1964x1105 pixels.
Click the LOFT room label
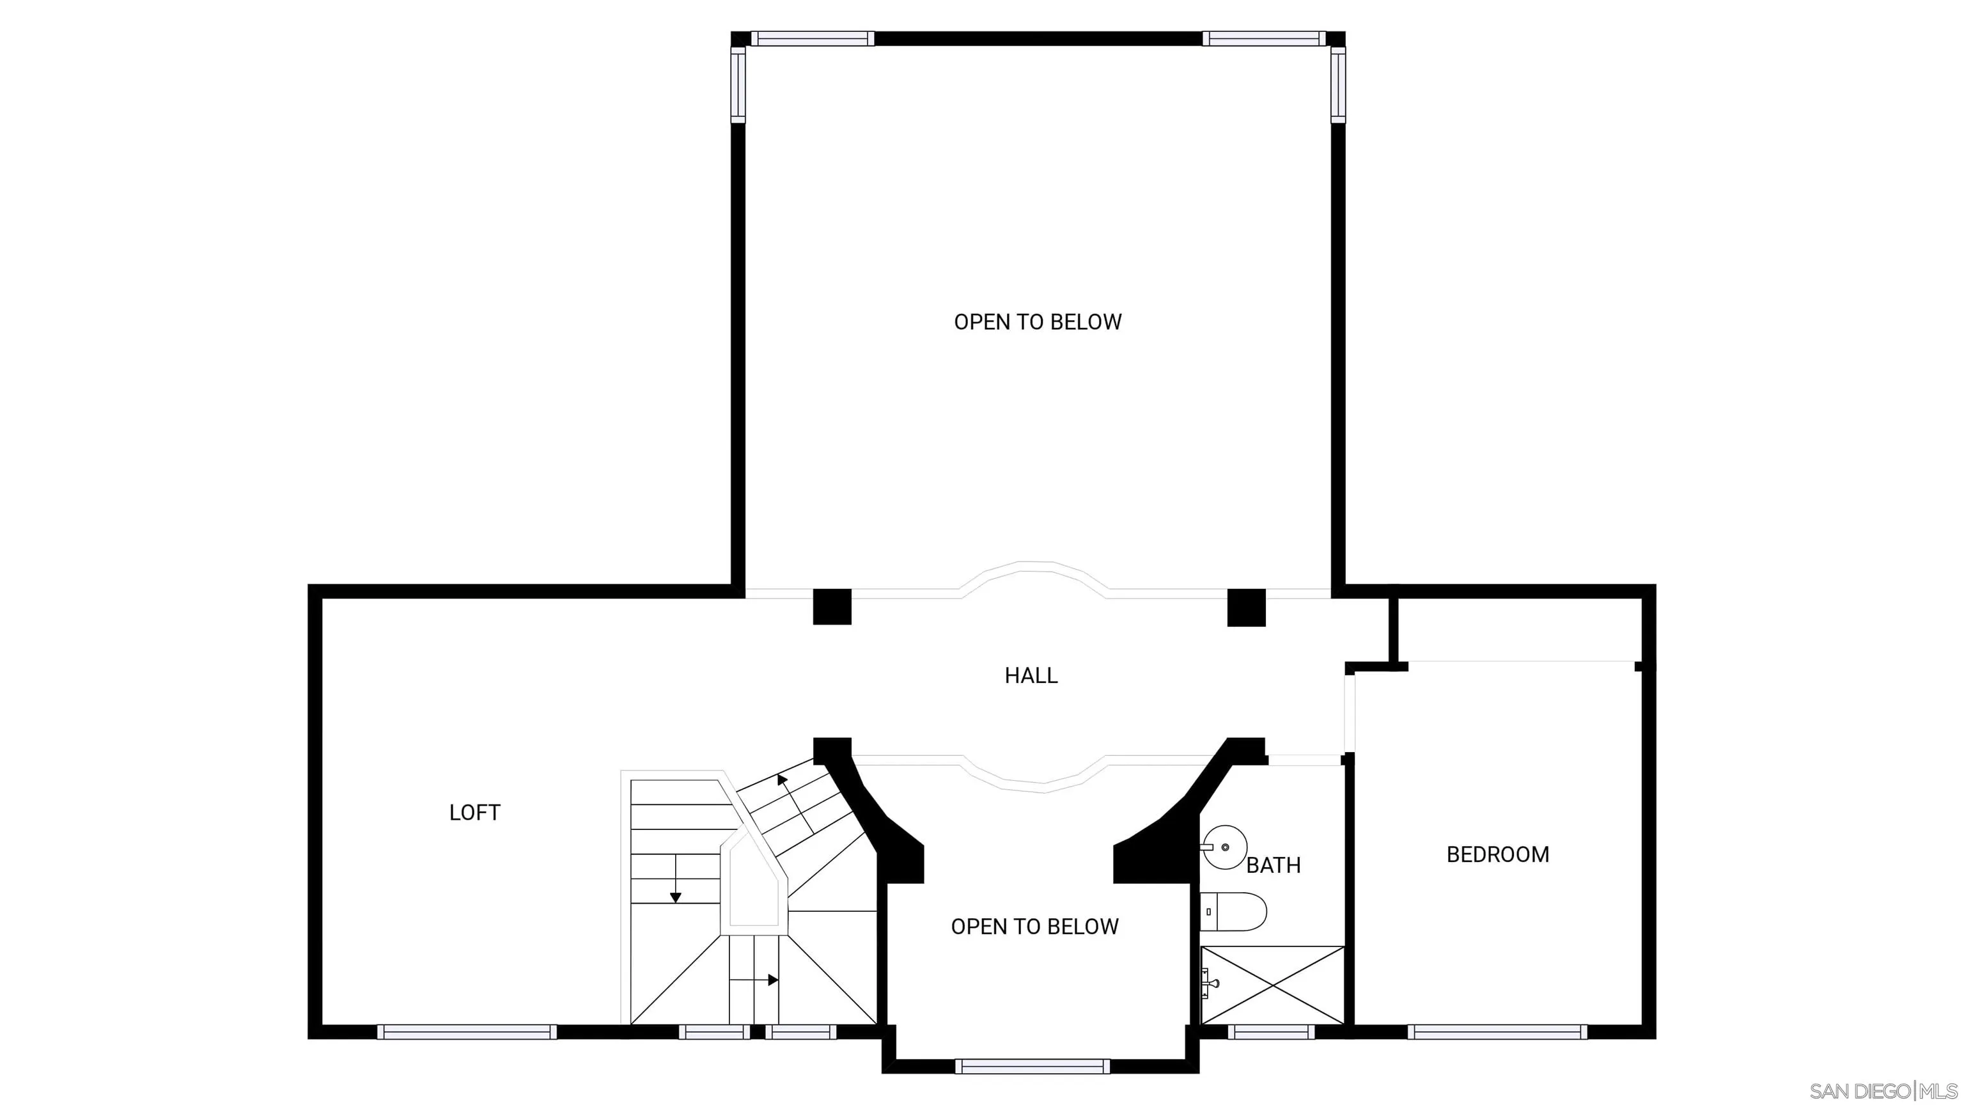click(x=474, y=813)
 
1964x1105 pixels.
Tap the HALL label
click(x=1031, y=676)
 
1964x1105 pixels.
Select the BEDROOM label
click(x=1497, y=854)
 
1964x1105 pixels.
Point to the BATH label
click(x=1274, y=866)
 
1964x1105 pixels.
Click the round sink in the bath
click(x=1224, y=847)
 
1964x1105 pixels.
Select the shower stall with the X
click(x=1272, y=985)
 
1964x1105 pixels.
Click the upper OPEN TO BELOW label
click(x=1038, y=322)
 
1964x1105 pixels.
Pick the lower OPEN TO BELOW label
click(x=1034, y=927)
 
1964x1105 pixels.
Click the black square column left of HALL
click(x=832, y=607)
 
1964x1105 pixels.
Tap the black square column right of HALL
click(x=1246, y=607)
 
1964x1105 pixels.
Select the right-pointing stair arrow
click(x=772, y=980)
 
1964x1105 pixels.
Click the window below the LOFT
click(x=467, y=1032)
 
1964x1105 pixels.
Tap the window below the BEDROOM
click(x=1497, y=1032)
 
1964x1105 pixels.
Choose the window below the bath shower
click(x=1271, y=1032)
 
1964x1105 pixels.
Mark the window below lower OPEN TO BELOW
click(x=1033, y=1066)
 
